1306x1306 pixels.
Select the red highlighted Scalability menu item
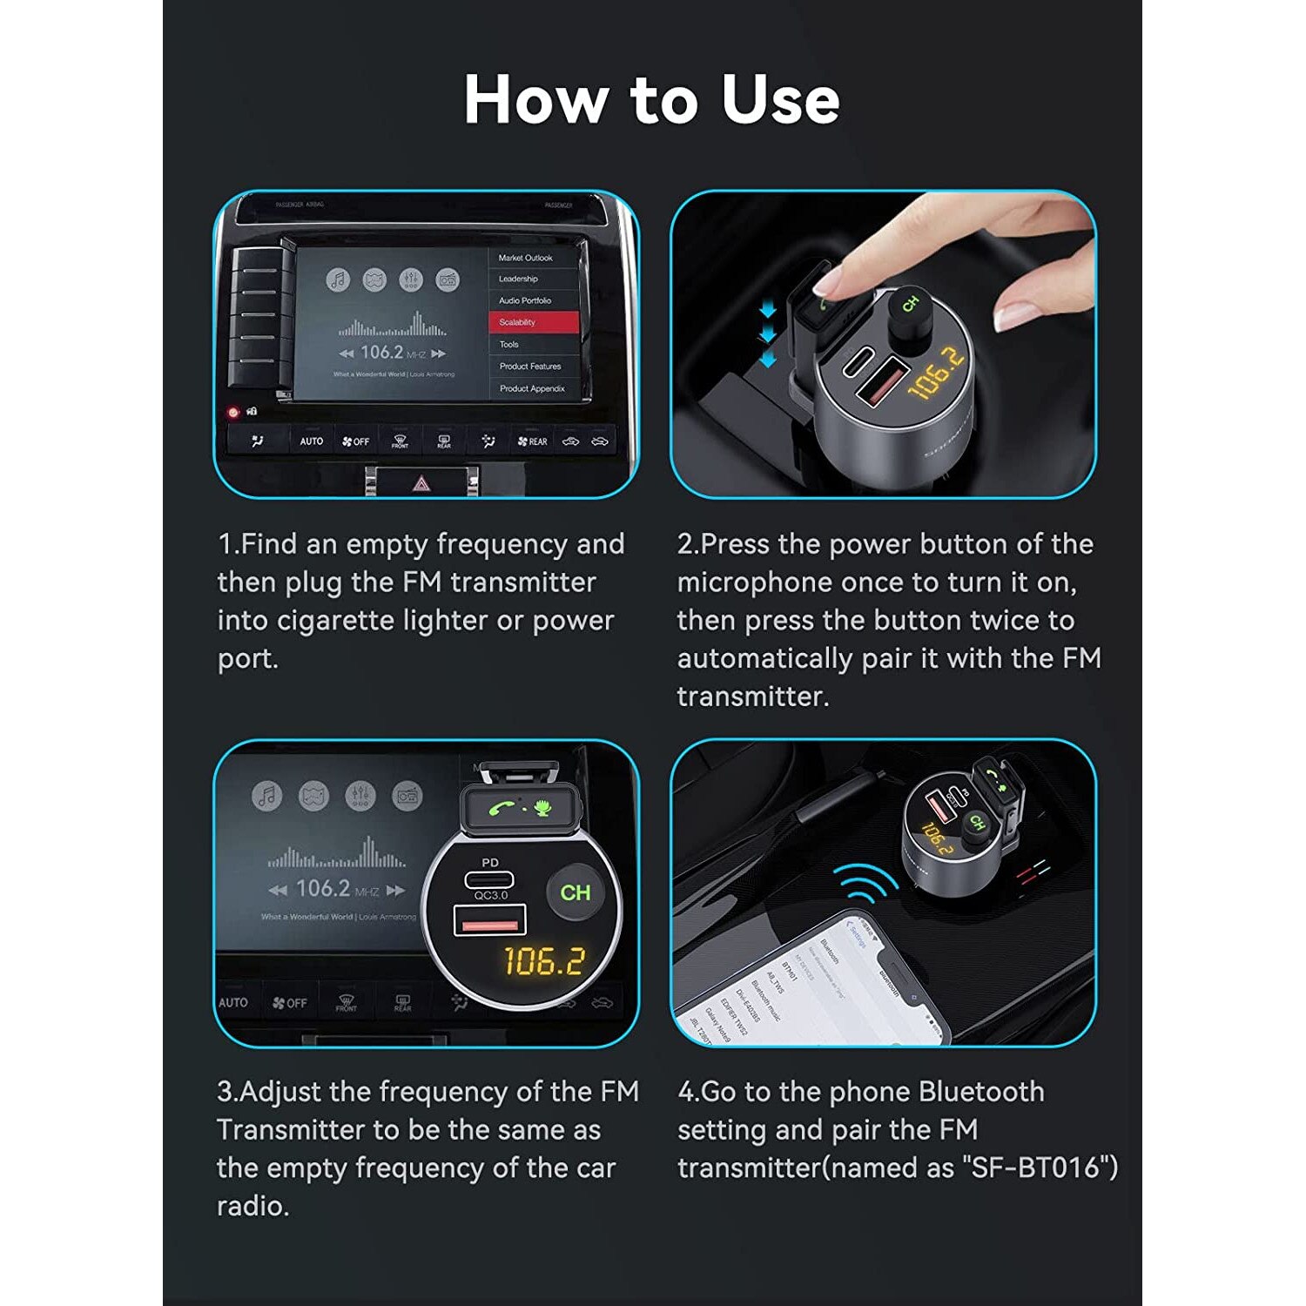pos(533,322)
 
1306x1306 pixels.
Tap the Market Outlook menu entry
pos(526,258)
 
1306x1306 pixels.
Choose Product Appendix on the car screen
pos(532,388)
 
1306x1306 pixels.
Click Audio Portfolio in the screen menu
pos(525,300)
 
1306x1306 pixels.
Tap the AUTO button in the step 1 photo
pos(311,441)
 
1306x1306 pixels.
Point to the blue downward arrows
pos(767,335)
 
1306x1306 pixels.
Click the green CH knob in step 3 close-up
pos(575,892)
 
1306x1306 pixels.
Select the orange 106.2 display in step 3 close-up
pos(544,961)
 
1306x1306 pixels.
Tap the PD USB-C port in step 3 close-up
pos(490,878)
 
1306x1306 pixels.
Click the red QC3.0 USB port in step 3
pos(490,921)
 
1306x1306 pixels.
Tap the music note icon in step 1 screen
pos(338,279)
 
